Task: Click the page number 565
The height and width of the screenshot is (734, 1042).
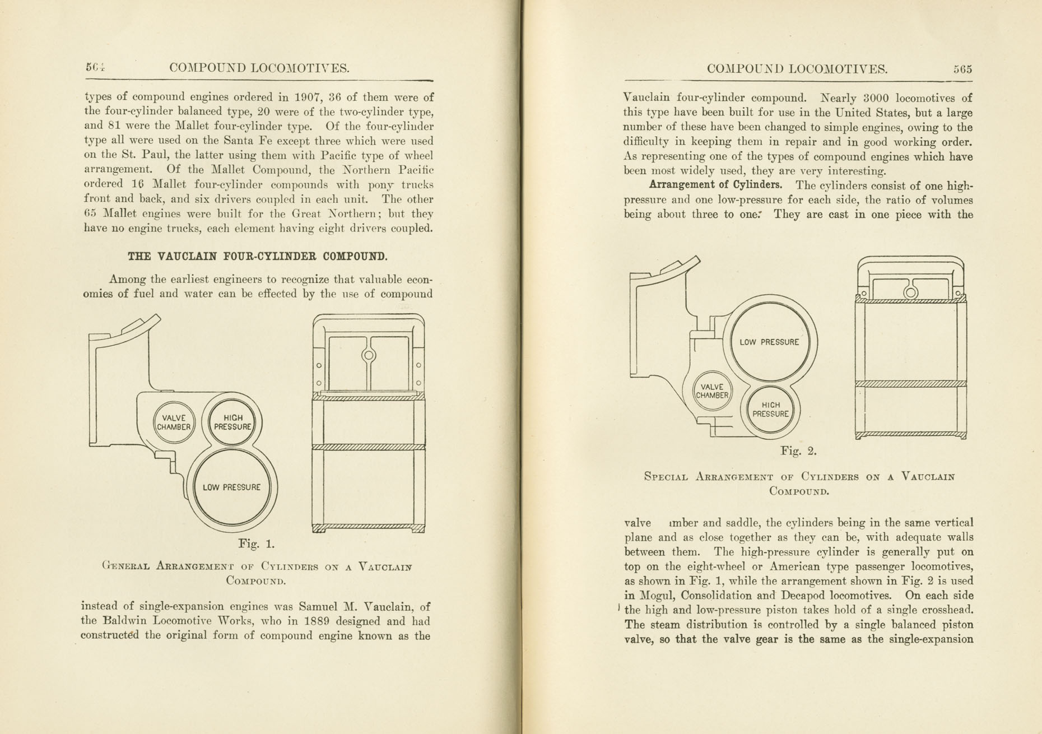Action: click(x=962, y=69)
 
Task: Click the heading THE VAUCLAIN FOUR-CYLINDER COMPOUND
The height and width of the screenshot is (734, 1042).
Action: click(x=257, y=257)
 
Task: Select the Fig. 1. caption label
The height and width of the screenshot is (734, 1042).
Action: click(x=256, y=543)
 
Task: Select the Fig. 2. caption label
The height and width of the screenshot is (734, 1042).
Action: click(x=798, y=450)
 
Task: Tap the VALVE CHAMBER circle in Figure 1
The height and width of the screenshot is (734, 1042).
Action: click(x=174, y=422)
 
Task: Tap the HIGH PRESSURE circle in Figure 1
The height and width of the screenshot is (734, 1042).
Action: click(x=232, y=422)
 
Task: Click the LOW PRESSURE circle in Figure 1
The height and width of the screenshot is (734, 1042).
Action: click(x=231, y=487)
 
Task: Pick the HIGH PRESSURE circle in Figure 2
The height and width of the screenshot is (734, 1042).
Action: click(x=770, y=410)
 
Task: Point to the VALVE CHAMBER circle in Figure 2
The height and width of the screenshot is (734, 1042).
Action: click(x=712, y=391)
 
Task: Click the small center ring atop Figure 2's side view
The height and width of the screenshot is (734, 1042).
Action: click(x=911, y=292)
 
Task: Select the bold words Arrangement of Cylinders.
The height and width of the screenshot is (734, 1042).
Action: click(x=715, y=185)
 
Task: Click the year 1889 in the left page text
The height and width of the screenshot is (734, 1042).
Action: click(x=319, y=621)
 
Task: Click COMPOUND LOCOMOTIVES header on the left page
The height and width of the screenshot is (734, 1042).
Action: click(x=259, y=68)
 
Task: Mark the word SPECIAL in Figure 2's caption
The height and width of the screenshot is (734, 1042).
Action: click(x=666, y=477)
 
